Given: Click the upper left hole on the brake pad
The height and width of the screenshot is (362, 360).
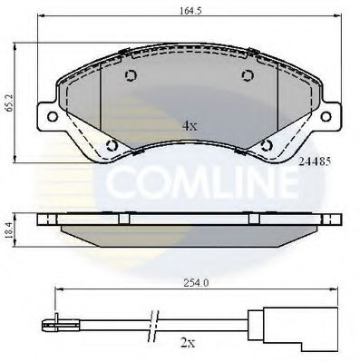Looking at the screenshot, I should click(130, 77).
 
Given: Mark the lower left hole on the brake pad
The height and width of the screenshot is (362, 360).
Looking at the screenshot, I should click(112, 144).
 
